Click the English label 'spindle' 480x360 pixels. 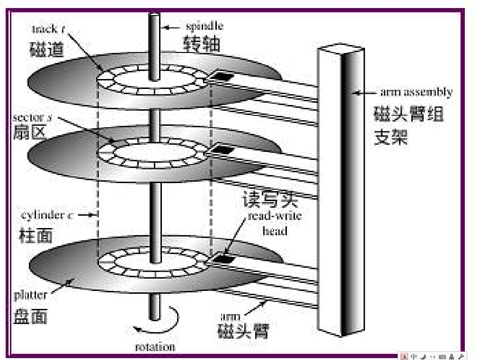click(204, 26)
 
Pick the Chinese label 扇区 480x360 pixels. click(29, 132)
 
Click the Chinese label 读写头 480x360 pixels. click(270, 200)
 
